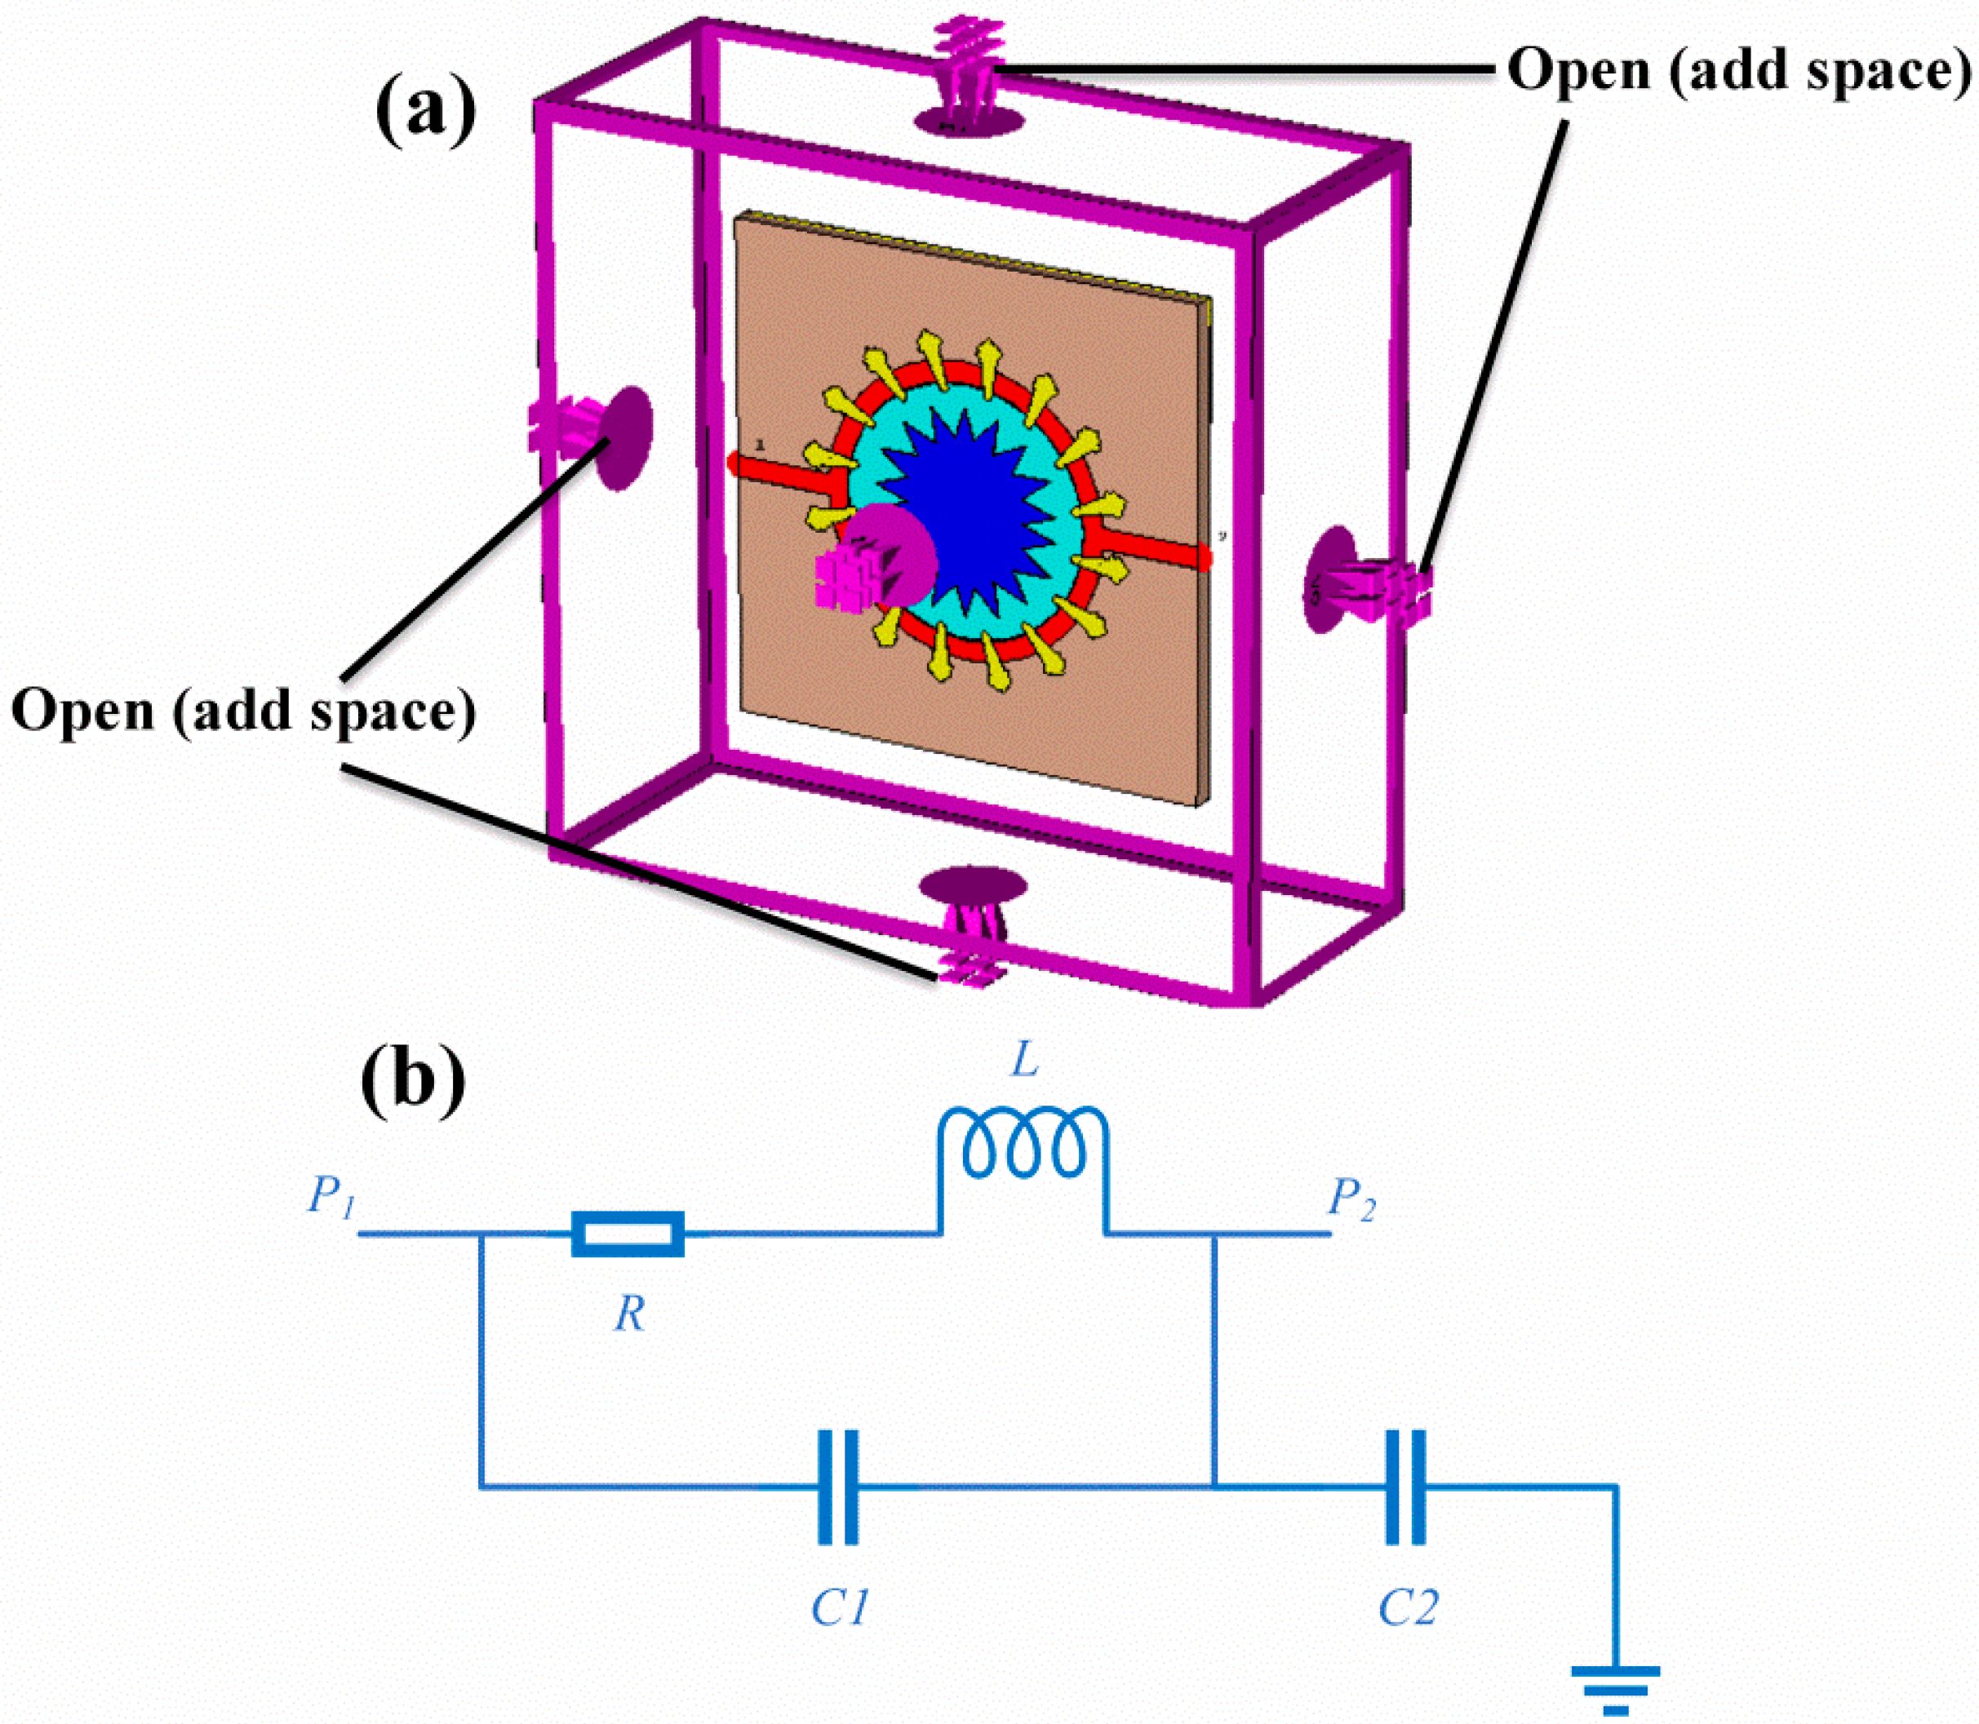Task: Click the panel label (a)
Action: [425, 111]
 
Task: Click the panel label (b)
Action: [413, 1081]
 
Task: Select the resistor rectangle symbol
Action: [628, 1234]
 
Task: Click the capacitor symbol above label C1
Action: [837, 1487]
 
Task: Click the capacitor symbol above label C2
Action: [1404, 1487]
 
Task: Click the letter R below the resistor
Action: [629, 1314]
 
